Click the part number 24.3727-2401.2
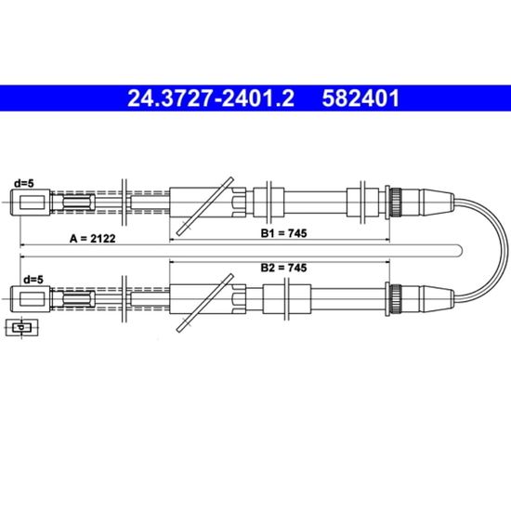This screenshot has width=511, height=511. (211, 98)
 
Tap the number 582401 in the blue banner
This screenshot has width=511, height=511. (360, 98)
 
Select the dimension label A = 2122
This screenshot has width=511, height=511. (93, 239)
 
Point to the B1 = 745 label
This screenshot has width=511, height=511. (283, 233)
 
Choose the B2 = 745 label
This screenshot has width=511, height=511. (283, 268)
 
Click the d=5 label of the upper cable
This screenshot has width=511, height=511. (23, 183)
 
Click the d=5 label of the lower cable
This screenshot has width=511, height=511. (33, 280)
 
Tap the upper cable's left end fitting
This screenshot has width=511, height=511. (31, 202)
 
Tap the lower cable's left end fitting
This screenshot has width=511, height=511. (31, 298)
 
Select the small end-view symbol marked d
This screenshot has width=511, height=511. (22, 327)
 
